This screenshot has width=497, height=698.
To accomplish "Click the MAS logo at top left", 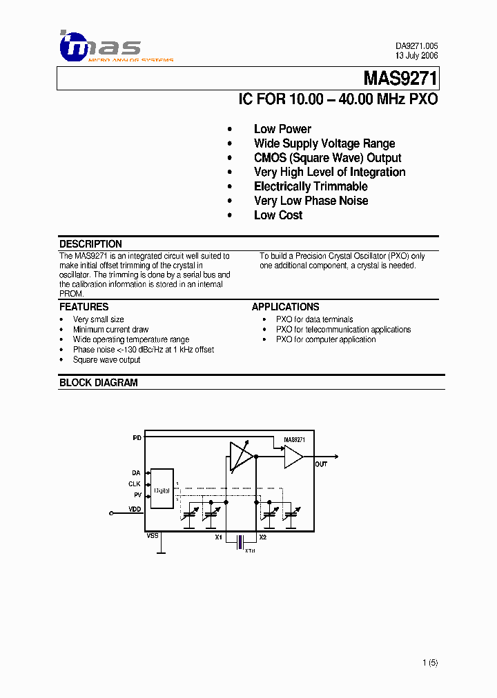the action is pos(100,46).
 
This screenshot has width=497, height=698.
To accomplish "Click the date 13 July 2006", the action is pos(416,55).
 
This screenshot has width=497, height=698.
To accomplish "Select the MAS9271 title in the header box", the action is pos(400,79).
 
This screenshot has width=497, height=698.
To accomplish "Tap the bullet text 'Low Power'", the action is pos(282,129).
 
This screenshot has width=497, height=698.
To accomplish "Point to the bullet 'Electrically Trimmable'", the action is pos(311,186).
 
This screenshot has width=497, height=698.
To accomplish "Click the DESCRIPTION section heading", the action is pos(90,244).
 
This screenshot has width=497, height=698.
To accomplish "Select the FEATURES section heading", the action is pos(84,307).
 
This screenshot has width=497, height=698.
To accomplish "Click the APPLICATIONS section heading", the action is pos(285,307).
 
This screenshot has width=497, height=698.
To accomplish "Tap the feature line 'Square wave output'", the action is pos(106,359).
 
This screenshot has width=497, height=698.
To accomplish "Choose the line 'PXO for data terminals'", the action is pos(314,319).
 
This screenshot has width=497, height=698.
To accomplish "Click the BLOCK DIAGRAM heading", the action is pos(98,383).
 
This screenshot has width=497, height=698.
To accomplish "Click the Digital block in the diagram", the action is pos(162,489).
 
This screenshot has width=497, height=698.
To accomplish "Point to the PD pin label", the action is pos(137,437).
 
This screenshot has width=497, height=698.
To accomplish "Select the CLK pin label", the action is pos(135,483).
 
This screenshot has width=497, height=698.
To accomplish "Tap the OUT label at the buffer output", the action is pos(321,465).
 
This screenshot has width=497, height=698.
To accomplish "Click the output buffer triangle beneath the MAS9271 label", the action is pos(293,456).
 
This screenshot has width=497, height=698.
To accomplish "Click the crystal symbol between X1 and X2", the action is pos(240,542).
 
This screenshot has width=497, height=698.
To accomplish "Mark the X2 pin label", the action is pos(262,537).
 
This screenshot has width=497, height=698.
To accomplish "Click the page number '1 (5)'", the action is pos(430,663).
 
